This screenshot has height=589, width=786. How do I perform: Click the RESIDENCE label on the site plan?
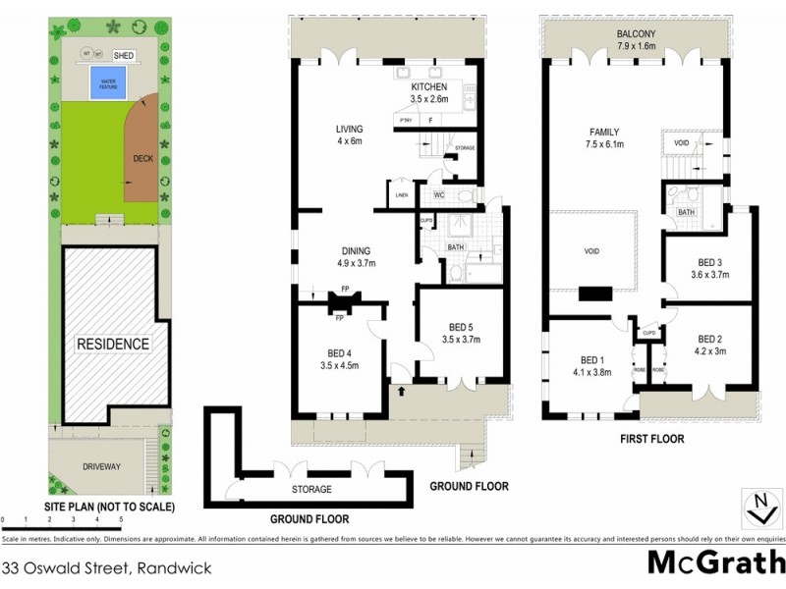[x=114, y=344]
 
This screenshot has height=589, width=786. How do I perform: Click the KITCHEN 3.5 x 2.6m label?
[x=429, y=92]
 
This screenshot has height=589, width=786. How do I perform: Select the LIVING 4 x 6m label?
[x=349, y=134]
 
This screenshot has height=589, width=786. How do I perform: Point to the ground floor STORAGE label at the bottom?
[x=311, y=489]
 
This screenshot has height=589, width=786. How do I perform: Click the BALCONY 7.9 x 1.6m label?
[x=636, y=39]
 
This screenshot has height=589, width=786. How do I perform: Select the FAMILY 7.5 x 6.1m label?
[x=604, y=137]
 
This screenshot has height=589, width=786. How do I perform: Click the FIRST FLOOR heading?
[x=651, y=439]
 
